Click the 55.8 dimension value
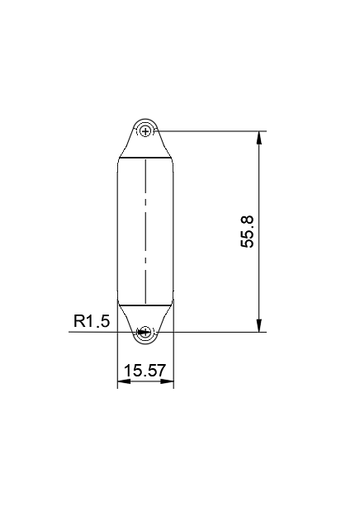tap(246, 232)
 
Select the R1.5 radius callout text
tap(91, 322)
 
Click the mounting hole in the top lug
tap(146, 130)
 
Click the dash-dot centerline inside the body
tap(146, 231)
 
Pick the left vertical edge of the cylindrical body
tap(117, 231)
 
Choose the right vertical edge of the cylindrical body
tap(174, 231)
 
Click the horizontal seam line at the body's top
tap(146, 157)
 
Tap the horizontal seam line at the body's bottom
tap(146, 304)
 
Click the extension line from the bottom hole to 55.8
tap(215, 332)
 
